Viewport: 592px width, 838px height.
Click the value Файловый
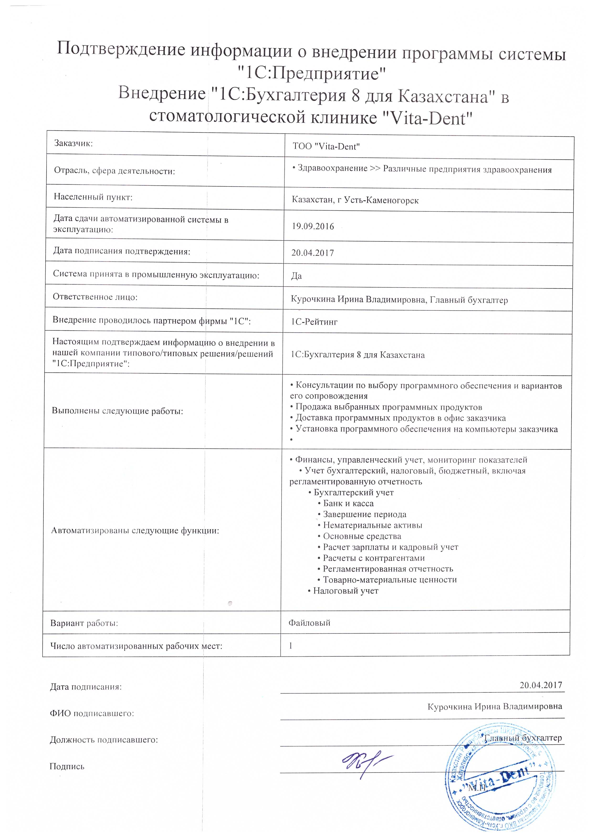[309, 623]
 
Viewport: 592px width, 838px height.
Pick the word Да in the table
[296, 276]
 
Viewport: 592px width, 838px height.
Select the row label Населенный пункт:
[93, 197]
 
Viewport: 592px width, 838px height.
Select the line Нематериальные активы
[372, 525]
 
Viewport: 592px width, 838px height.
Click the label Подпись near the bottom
[67, 766]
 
